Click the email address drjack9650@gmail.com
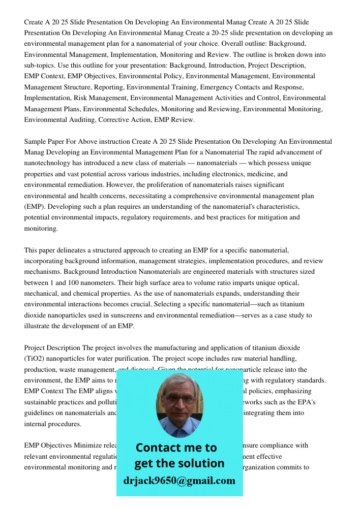tap(179, 481)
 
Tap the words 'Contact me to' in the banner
tap(176, 448)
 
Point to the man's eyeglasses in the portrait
tap(179, 400)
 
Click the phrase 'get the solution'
tap(179, 463)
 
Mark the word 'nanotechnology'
tap(47, 163)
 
